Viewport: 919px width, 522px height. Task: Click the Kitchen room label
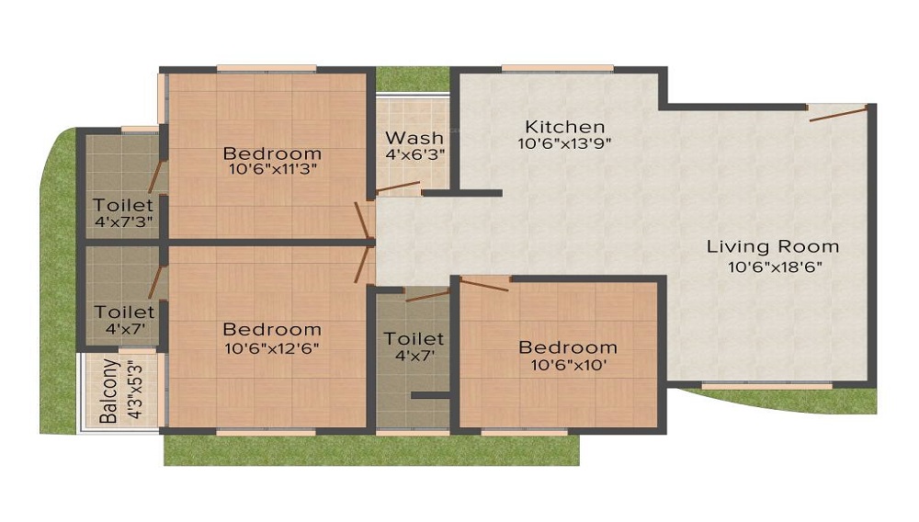(x=565, y=126)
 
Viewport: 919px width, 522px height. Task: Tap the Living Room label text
(x=773, y=246)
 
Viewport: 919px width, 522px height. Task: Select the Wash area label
(x=414, y=138)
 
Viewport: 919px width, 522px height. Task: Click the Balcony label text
(x=109, y=391)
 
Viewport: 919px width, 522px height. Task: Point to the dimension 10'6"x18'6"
(x=775, y=267)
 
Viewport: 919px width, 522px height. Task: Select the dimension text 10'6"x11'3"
(x=273, y=170)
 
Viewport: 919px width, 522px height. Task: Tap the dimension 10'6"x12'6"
(x=272, y=348)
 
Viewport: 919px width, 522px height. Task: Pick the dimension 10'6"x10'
(x=569, y=366)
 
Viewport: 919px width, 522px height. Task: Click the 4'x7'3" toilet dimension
(x=124, y=222)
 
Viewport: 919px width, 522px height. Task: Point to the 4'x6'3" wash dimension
(x=415, y=155)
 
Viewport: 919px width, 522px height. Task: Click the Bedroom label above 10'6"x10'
(x=568, y=347)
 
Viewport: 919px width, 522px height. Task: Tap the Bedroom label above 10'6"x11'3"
(x=273, y=153)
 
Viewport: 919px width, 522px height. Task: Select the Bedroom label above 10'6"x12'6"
(x=272, y=329)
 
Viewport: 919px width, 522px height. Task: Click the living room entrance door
(x=838, y=114)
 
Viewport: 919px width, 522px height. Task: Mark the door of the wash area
(x=397, y=187)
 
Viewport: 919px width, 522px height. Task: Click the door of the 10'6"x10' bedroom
(x=484, y=285)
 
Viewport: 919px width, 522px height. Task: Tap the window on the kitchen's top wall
(x=558, y=69)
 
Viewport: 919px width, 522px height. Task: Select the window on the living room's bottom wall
(x=767, y=385)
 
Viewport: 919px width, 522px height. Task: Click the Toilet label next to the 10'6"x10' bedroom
(x=414, y=338)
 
